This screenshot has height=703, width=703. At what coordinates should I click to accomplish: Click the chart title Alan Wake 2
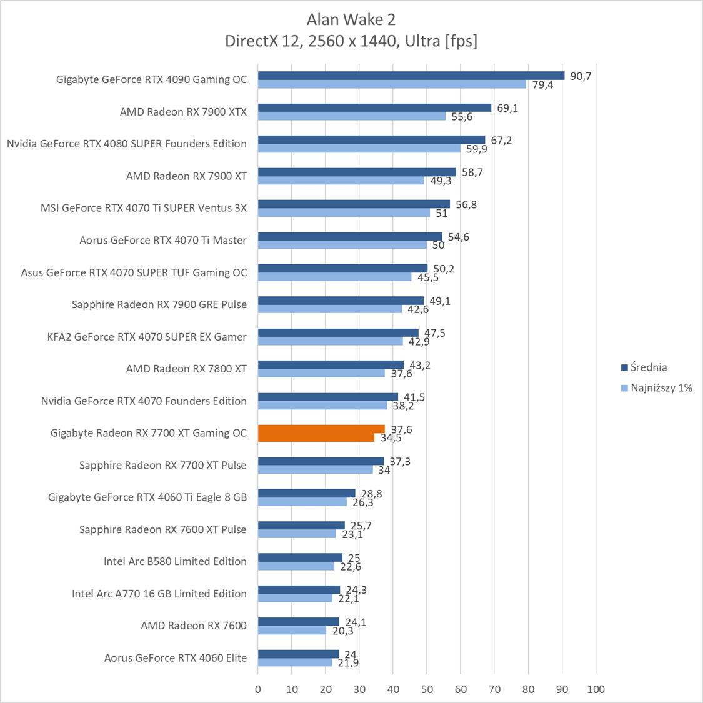351,20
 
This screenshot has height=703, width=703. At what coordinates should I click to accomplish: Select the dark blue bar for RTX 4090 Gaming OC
411,76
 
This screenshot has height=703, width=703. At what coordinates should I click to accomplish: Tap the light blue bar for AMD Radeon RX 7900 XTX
352,116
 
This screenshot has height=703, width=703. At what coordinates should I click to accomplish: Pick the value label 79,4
542,85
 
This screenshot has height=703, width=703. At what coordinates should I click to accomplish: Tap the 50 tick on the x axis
427,689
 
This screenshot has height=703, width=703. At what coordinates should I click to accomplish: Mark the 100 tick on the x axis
596,689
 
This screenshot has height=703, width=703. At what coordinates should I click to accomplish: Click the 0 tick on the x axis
258,689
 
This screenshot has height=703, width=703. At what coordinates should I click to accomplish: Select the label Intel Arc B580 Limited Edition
175,561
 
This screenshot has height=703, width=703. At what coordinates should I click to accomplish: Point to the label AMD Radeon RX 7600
194,626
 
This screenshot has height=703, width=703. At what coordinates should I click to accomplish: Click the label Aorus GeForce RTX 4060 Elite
176,657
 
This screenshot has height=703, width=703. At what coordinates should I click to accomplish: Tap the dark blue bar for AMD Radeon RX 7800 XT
331,365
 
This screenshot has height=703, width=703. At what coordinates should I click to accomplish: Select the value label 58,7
472,172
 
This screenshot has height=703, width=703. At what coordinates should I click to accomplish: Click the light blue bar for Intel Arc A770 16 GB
295,598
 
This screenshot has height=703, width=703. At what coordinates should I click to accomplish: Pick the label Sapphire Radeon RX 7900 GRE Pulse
159,304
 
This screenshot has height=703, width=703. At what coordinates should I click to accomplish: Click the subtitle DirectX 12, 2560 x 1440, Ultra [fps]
351,41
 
